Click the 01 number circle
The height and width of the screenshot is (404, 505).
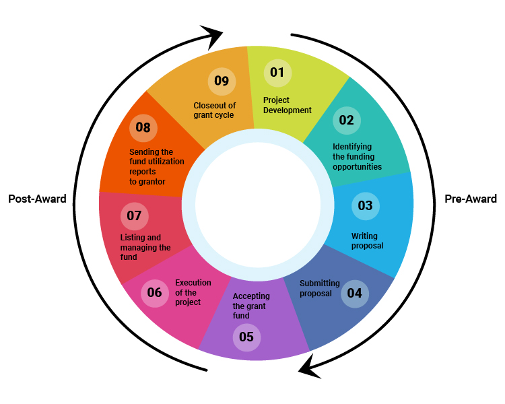pos(277,73)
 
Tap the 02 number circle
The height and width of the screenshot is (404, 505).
pos(347,121)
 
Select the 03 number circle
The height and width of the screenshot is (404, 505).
pos(366,206)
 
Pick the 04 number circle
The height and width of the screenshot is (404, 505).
pos(354,293)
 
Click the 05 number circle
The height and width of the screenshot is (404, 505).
pos(246,337)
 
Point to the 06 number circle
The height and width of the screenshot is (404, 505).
pos(155,292)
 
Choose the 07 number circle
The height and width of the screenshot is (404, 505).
pos(134,216)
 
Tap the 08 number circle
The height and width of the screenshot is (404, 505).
pos(143,127)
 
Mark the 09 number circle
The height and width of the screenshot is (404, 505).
pos(222,81)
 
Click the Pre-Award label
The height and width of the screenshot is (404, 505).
pos(471,199)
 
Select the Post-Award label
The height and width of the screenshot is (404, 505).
pos(37,199)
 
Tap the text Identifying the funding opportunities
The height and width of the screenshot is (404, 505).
pos(357,156)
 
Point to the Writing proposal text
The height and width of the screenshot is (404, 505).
pos(367,241)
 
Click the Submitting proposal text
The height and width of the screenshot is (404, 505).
pos(319,288)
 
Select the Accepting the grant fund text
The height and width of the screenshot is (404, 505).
pos(251,306)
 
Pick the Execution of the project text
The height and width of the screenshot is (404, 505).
pos(193,292)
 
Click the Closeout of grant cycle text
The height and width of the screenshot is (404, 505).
pos(214,110)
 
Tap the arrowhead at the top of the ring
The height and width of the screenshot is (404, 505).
pos(211,36)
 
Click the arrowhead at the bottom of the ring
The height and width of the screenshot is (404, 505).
pos(310,366)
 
